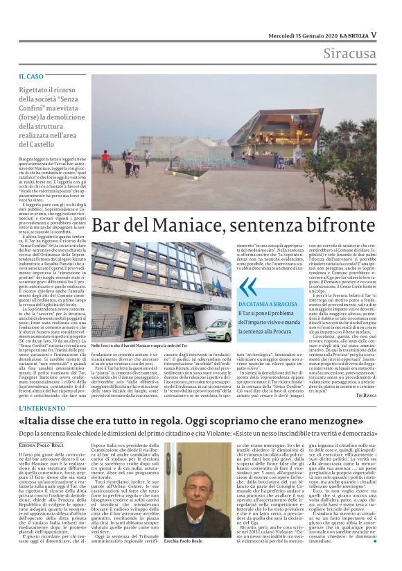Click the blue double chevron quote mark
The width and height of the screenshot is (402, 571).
pos(247,287)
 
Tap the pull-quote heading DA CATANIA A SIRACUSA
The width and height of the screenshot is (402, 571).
pos(272,303)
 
